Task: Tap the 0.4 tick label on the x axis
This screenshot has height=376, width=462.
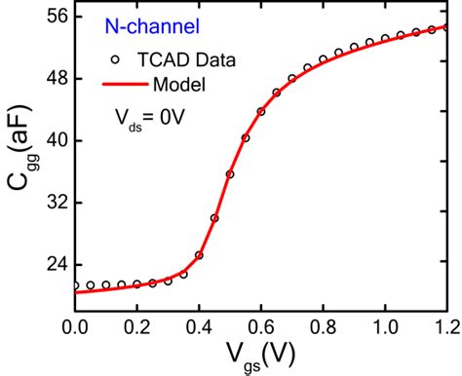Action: pyautogui.click(x=199, y=322)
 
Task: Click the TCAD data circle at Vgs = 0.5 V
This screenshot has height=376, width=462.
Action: pyautogui.click(x=230, y=174)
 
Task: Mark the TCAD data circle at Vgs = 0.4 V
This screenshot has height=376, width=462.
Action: pyautogui.click(x=199, y=255)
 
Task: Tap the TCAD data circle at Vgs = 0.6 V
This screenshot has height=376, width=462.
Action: pyautogui.click(x=261, y=111)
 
